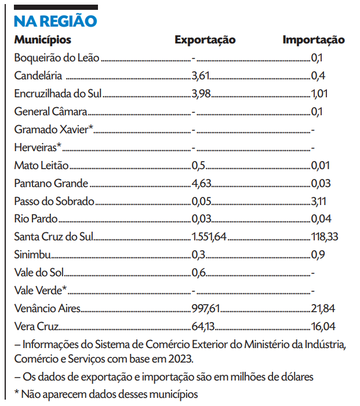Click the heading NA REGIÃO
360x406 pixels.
pos(55,21)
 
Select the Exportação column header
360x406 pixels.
pos(205,40)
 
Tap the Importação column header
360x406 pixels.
pos(314,40)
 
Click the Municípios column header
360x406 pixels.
pos(43,40)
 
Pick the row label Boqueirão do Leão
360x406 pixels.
pos(57,58)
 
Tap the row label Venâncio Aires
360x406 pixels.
pos(48,308)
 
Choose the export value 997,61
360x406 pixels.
pos(205,308)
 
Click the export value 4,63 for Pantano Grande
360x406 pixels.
pos(201,184)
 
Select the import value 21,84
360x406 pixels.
pos(323,308)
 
